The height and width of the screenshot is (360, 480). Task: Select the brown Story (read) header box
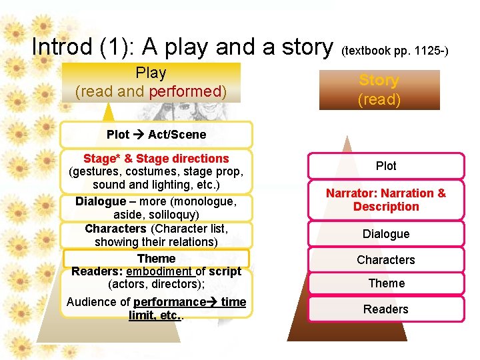click(x=379, y=90)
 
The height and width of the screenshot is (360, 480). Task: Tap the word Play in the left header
click(x=151, y=73)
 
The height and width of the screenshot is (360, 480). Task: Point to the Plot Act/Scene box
click(x=156, y=134)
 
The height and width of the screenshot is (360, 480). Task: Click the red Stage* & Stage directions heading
click(x=156, y=159)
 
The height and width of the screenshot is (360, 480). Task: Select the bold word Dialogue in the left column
click(x=100, y=201)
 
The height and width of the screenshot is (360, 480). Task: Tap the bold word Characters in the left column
click(x=110, y=229)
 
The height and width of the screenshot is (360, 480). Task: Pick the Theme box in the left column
click(x=156, y=259)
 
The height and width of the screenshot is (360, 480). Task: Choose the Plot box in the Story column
click(x=386, y=166)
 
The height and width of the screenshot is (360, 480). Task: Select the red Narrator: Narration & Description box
click(x=386, y=200)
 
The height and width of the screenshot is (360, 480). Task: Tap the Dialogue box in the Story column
click(x=386, y=234)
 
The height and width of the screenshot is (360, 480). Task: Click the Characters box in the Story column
click(x=386, y=260)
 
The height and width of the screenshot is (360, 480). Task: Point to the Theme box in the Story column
click(x=386, y=283)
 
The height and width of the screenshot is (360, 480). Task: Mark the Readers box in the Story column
click(x=386, y=309)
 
